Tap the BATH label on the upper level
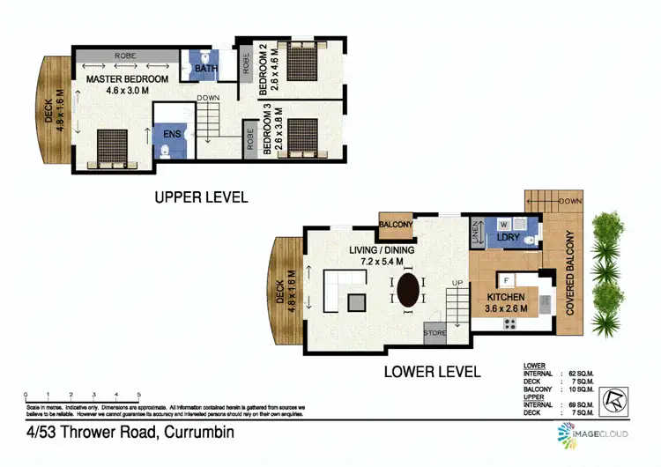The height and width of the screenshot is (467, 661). tap(206, 68)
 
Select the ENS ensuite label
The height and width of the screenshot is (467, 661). tap(172, 135)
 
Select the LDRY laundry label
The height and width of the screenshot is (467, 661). tap(507, 238)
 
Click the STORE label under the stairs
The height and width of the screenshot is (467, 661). tap(434, 333)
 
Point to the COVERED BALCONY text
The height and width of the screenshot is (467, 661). tap(571, 273)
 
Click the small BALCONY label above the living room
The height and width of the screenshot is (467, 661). tap(396, 226)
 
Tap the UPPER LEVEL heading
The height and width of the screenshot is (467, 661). tap(201, 197)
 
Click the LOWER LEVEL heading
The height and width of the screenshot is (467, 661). tap(432, 372)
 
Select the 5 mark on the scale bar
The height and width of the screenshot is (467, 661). tap(138, 394)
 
